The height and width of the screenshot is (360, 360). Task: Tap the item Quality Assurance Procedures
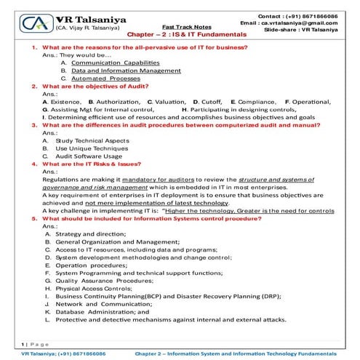pos(104,279)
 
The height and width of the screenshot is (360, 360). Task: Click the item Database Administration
pos(97,311)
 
